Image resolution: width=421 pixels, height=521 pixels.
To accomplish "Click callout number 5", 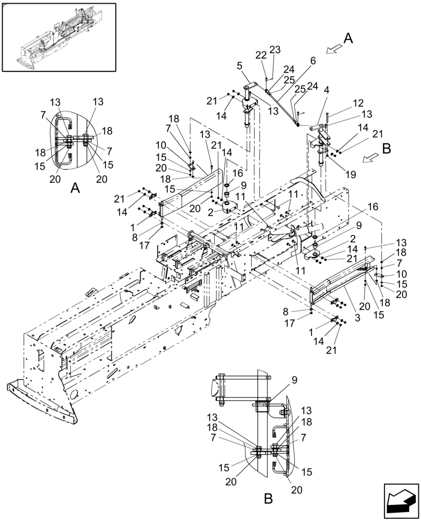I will [239, 66].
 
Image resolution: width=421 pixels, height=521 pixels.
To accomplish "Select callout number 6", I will [313, 60].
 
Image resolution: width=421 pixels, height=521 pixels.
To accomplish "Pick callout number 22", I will [262, 55].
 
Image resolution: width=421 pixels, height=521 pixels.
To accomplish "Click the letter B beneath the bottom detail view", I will [268, 499].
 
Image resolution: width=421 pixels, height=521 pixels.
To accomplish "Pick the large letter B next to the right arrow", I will [386, 148].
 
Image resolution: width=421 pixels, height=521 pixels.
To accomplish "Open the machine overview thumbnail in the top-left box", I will [58, 36].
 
